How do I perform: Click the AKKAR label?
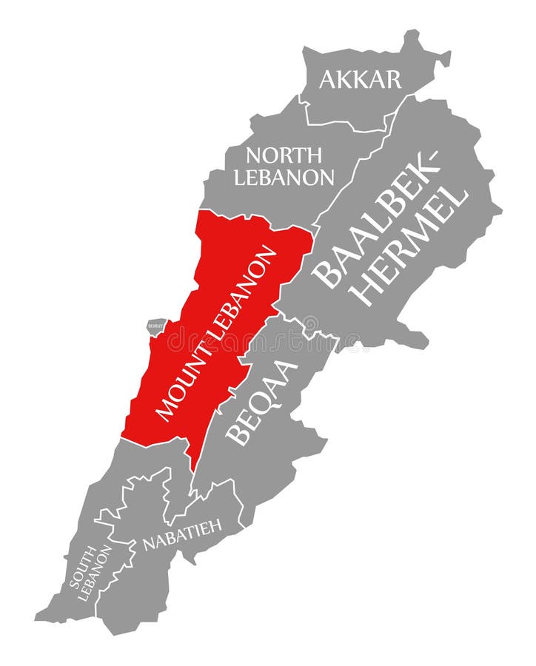tap(360, 79)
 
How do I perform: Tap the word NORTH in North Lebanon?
tap(284, 156)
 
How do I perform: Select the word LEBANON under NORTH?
tap(284, 178)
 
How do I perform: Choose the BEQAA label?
tap(262, 403)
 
